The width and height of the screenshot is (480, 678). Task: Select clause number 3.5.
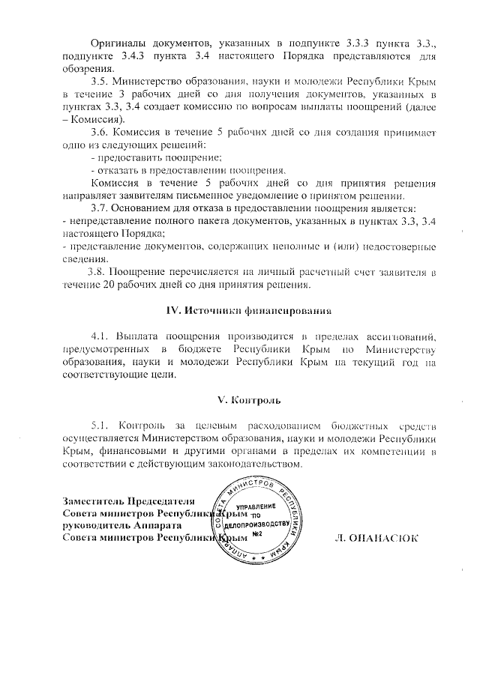(100, 80)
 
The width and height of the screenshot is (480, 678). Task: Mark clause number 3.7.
(100, 208)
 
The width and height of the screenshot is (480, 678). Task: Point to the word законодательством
(250, 464)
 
